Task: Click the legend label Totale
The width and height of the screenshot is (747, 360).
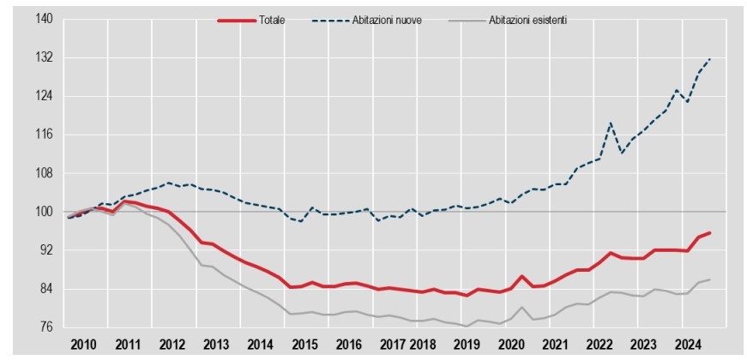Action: tap(272, 20)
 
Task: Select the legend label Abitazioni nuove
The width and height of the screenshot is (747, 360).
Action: tap(387, 20)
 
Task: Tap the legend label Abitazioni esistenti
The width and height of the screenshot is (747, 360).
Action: tap(527, 20)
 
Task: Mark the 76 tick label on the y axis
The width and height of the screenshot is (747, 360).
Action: tap(43, 327)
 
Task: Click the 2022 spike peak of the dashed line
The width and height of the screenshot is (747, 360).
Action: tap(611, 123)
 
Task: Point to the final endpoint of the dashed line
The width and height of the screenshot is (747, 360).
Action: tap(710, 58)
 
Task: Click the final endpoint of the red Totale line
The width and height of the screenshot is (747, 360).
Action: tap(710, 232)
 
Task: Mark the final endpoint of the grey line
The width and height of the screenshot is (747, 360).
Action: tap(710, 279)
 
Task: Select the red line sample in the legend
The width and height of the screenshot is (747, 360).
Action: tap(238, 20)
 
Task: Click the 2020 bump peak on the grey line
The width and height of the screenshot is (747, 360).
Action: tap(522, 307)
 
